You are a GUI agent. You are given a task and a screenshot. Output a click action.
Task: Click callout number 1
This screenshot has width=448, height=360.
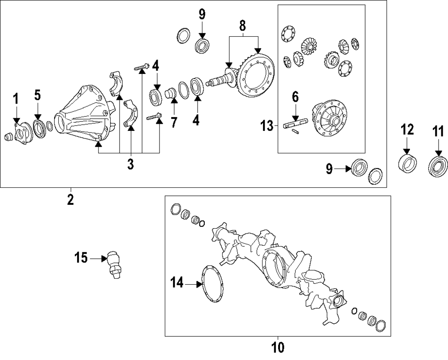[16, 99]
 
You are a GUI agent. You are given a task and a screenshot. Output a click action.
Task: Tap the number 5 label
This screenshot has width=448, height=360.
[38, 95]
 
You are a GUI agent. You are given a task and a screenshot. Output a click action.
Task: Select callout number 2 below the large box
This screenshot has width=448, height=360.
[70, 199]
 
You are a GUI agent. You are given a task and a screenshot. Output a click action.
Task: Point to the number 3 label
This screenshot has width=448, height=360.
[130, 165]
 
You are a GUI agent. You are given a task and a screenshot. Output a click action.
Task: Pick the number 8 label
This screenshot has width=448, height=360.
[242, 26]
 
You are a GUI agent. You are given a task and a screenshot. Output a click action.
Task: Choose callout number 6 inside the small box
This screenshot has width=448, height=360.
[295, 96]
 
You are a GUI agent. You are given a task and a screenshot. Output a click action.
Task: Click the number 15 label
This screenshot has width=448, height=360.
[81, 258]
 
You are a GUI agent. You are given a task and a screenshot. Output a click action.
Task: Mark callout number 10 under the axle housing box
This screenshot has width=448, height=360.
[278, 347]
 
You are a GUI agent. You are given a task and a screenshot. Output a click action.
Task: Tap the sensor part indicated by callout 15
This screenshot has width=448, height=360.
[113, 265]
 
